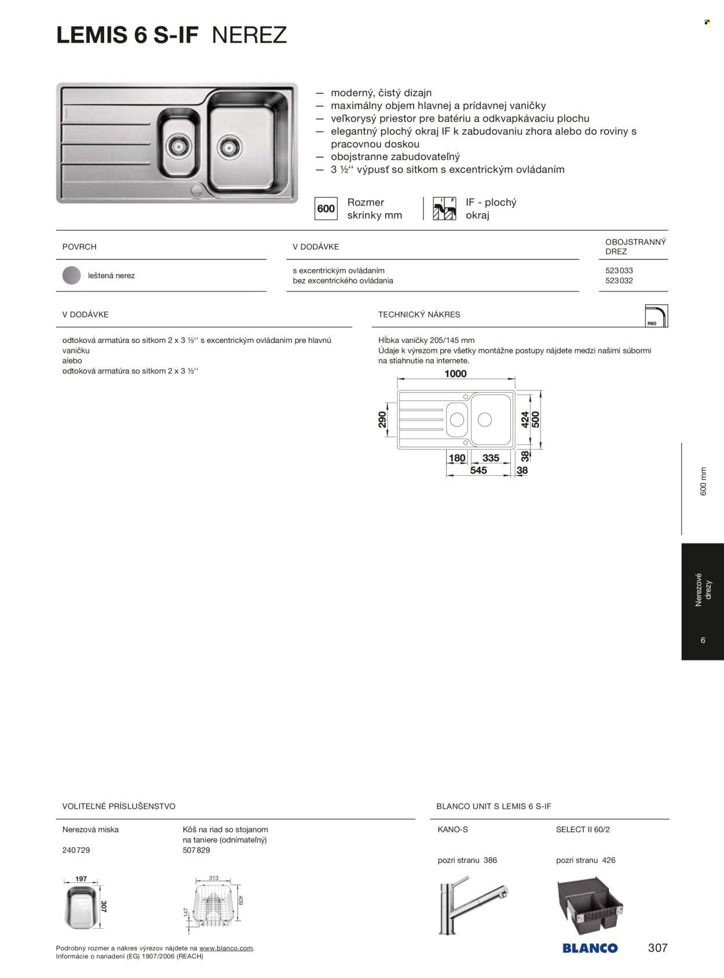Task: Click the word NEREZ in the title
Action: click(x=249, y=35)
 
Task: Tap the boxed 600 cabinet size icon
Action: click(x=326, y=209)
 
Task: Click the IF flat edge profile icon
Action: click(x=444, y=209)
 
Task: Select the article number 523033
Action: click(x=619, y=271)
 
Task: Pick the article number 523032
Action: click(x=619, y=280)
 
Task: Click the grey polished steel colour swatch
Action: click(x=72, y=276)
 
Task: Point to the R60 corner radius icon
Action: click(x=656, y=316)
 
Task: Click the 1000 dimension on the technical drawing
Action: click(x=455, y=374)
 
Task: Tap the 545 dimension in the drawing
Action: click(x=478, y=470)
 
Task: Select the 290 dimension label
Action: click(x=382, y=419)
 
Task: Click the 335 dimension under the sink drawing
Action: click(x=491, y=458)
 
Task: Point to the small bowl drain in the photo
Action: click(x=178, y=145)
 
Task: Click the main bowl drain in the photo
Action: click(x=228, y=146)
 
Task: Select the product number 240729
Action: click(x=76, y=850)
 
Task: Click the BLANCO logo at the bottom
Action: click(x=590, y=948)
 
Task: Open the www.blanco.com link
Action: click(x=226, y=948)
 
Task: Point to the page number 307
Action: click(x=657, y=948)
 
